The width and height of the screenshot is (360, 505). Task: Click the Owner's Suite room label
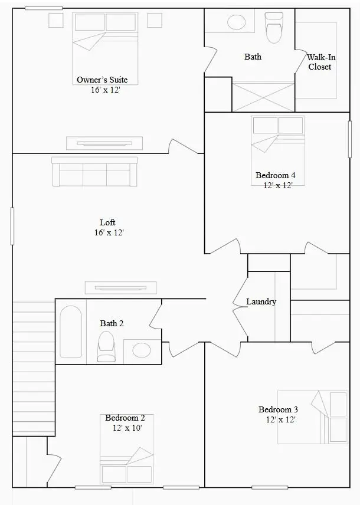[102, 80]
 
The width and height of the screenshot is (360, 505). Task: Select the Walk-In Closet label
[319, 62]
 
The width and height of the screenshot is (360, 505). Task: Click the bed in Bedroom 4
[277, 141]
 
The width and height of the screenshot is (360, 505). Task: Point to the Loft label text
[107, 222]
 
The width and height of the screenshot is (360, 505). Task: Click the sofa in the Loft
[94, 172]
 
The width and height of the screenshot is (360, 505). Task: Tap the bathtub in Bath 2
[71, 332]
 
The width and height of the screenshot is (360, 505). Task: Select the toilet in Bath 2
[106, 346]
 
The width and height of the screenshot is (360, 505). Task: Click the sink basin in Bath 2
[142, 350]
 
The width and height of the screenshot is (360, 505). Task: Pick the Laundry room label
[261, 301]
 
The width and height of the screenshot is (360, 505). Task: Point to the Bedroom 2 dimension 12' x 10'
[126, 428]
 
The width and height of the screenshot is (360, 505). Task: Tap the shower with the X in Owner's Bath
[263, 96]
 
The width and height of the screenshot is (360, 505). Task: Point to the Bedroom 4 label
[275, 175]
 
